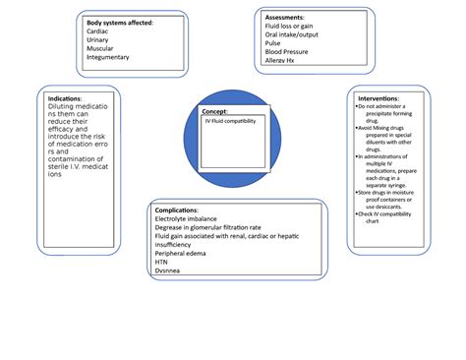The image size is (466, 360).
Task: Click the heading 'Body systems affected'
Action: point(119,22)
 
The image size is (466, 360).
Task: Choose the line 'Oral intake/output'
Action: point(298,34)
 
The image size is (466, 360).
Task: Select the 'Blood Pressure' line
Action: point(291,51)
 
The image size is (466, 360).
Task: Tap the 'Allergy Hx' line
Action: point(285,60)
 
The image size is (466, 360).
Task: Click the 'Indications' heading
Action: point(65,98)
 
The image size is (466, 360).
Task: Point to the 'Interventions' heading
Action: point(379,98)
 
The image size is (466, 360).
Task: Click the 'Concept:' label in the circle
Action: point(213,112)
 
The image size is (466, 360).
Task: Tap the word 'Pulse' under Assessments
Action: point(274,43)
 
